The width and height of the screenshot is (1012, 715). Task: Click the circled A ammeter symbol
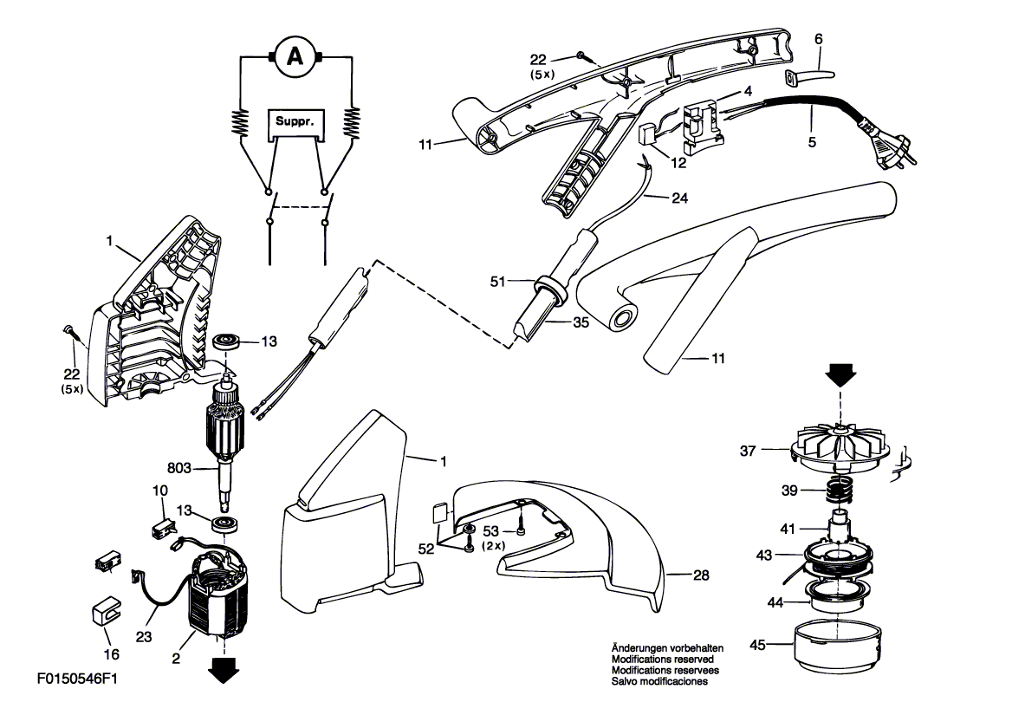point(295,57)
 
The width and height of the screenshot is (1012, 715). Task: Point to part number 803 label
point(204,469)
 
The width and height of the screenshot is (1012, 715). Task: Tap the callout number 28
point(701,574)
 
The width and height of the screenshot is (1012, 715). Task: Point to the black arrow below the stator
point(224,668)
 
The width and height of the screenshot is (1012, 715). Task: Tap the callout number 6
point(819,39)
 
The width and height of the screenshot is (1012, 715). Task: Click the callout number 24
point(681,197)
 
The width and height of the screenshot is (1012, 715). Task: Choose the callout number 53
point(490,530)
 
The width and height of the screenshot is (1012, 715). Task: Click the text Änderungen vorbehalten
point(667,648)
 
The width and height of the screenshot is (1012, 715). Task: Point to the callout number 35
point(580,322)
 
